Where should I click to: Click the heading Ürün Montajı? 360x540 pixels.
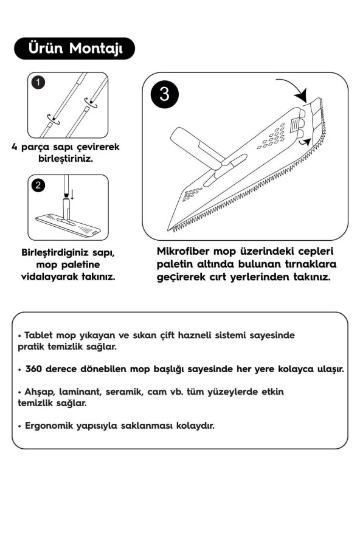tap(74, 49)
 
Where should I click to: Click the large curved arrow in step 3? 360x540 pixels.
tap(291, 90)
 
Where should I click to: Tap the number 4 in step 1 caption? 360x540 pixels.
tap(15, 147)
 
